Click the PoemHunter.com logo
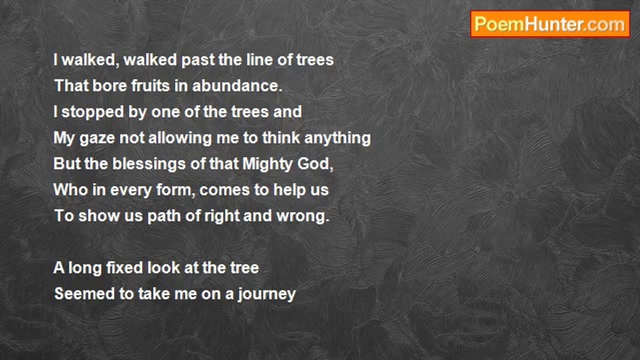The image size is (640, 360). pos(550,24)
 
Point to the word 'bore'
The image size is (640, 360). pos(109,85)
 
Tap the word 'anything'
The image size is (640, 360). pos(337,138)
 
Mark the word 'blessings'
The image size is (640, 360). pos(149,164)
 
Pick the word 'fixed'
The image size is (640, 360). pos(124,268)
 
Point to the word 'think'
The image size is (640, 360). pos(281,138)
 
